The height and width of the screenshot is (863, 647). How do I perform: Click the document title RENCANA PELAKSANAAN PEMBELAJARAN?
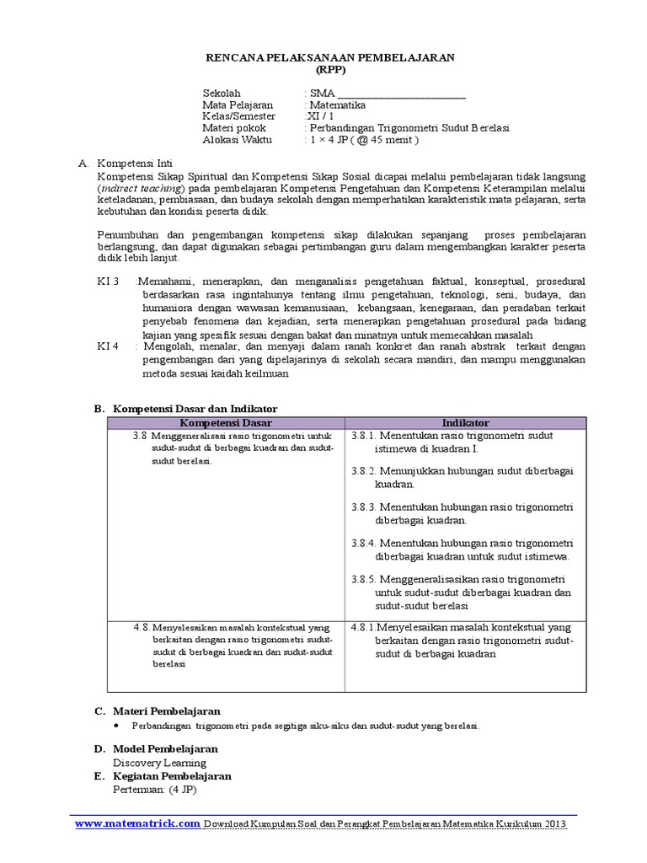[330, 56]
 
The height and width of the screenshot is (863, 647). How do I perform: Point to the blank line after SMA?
[401, 94]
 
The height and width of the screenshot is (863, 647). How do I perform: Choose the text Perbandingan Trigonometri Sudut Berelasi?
[409, 128]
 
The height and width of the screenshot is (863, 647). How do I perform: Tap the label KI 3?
[110, 281]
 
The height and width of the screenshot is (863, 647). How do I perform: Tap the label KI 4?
[110, 346]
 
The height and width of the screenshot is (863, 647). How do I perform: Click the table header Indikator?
[465, 422]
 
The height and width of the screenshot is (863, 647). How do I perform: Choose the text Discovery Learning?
[159, 763]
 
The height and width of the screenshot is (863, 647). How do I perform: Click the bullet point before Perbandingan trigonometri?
[117, 726]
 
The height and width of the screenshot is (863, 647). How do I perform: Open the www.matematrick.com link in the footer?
[137, 823]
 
